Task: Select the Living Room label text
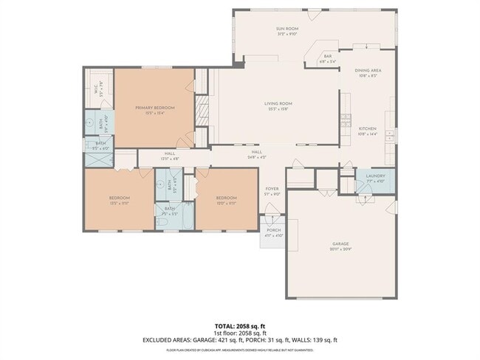[279, 104]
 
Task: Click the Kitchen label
[367, 131]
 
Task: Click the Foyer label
[272, 190]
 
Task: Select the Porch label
[273, 232]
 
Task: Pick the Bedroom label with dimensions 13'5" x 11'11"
[120, 198]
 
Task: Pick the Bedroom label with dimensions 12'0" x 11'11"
[226, 198]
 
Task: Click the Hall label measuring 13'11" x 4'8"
[169, 155]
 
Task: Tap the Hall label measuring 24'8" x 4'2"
[256, 153]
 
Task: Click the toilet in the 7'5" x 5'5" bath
[161, 221]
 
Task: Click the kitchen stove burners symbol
[345, 119]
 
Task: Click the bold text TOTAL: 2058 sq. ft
[240, 325]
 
